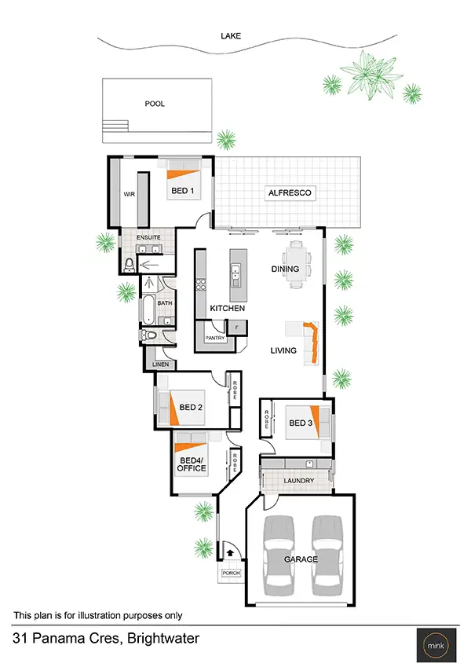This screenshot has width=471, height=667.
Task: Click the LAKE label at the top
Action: coord(231,35)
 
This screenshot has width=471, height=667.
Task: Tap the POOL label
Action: coord(155,103)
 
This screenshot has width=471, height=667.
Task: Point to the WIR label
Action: coord(129,193)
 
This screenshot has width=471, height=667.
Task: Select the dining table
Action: coord(297,263)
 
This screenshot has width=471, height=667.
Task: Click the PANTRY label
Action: coord(215,339)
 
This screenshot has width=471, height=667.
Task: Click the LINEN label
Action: coord(160,365)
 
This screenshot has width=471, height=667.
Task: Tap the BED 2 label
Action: coord(191,407)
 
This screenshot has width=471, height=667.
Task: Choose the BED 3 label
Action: coord(301,423)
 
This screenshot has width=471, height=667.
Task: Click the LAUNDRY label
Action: coord(298,481)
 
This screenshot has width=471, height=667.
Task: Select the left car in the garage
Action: coord(280,555)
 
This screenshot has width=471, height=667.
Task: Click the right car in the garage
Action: coord(328,555)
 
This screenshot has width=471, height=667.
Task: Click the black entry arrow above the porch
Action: coord(230,552)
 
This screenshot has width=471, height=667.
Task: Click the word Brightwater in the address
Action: coord(158,639)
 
